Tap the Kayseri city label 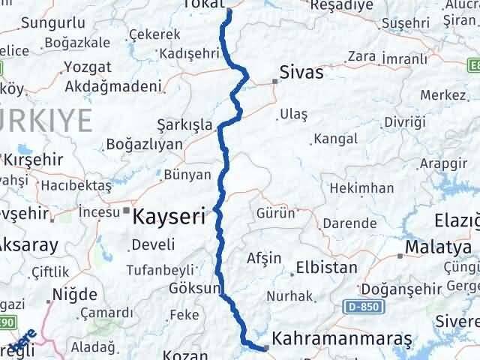(x=169, y=217)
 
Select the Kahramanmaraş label (x=343, y=340)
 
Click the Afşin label (x=264, y=258)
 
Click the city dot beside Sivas (x=274, y=81)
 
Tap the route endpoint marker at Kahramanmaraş (x=266, y=347)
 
